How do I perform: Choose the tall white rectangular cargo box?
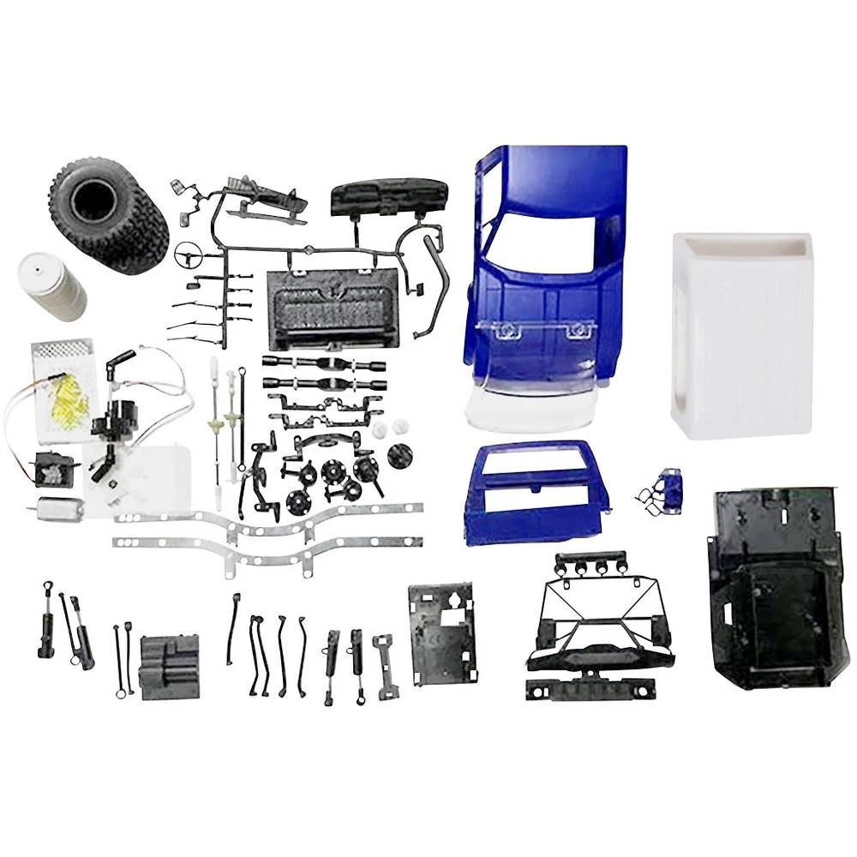pos(741,334)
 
